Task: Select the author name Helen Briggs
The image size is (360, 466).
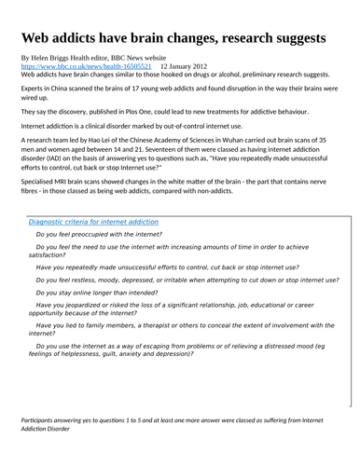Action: tap(56, 58)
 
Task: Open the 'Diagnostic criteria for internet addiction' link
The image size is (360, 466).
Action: tap(93, 223)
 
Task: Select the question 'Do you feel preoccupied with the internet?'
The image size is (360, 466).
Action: tap(99, 235)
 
